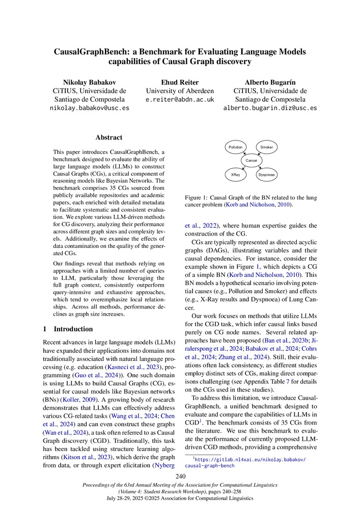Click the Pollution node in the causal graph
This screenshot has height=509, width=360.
point(236,147)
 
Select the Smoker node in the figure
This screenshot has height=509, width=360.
point(266,147)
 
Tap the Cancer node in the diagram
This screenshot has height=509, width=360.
point(251,161)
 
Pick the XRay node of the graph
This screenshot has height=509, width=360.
point(236,175)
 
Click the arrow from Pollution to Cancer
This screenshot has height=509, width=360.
point(244,154)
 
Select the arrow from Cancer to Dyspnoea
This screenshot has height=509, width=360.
point(258,167)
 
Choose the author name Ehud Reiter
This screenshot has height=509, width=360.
point(180,82)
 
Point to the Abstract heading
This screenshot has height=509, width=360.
point(108,137)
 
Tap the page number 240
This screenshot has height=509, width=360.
point(180,476)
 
